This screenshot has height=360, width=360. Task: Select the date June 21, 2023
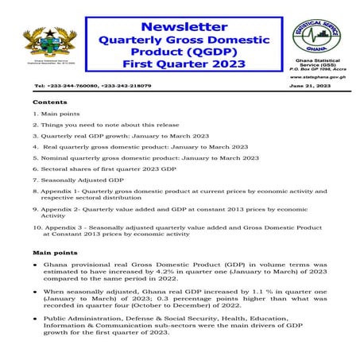[x=310, y=85]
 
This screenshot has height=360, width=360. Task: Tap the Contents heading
[x=48, y=103]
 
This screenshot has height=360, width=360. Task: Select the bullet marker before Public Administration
[x=37, y=318]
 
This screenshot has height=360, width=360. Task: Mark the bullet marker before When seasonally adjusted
[x=37, y=292]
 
